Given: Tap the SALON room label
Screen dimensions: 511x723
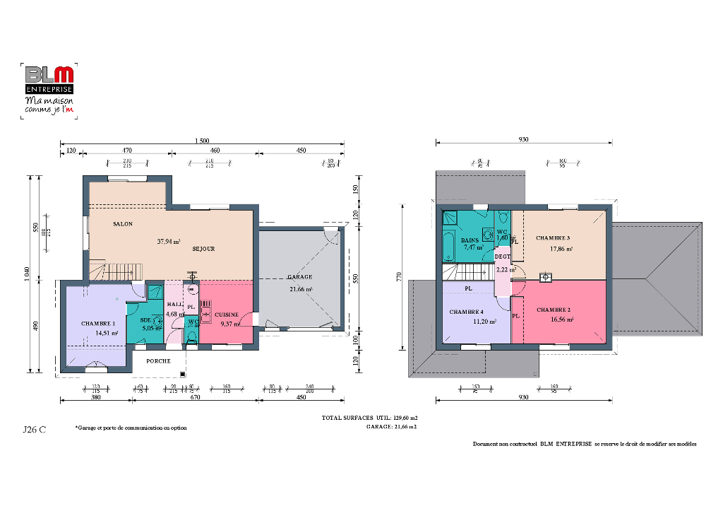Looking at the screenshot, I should tap(122, 224).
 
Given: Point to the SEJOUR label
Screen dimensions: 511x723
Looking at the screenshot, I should tap(203, 249).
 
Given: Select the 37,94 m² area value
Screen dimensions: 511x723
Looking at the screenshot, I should tap(168, 241).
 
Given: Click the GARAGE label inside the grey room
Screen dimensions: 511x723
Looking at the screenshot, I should tap(299, 277).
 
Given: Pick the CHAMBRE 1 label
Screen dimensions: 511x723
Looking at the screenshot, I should tap(97, 323).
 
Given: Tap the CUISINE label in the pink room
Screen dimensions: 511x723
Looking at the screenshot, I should tap(227, 315).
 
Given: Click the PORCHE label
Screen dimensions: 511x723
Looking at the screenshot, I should tap(158, 360).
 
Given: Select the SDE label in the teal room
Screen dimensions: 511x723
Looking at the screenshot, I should tap(145, 319).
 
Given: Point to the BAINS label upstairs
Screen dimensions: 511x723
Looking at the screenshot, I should tap(470, 240).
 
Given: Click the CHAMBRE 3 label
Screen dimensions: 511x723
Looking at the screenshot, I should tap(553, 237).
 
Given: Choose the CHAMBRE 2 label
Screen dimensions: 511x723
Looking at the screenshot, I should tap(554, 310).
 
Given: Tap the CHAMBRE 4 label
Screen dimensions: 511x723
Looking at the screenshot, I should tap(467, 312).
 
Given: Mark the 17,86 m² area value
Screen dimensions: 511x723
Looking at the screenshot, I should tap(561, 249).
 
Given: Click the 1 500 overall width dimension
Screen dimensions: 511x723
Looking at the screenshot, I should tap(201, 141).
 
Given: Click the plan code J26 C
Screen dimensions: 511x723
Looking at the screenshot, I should tap(35, 429).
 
